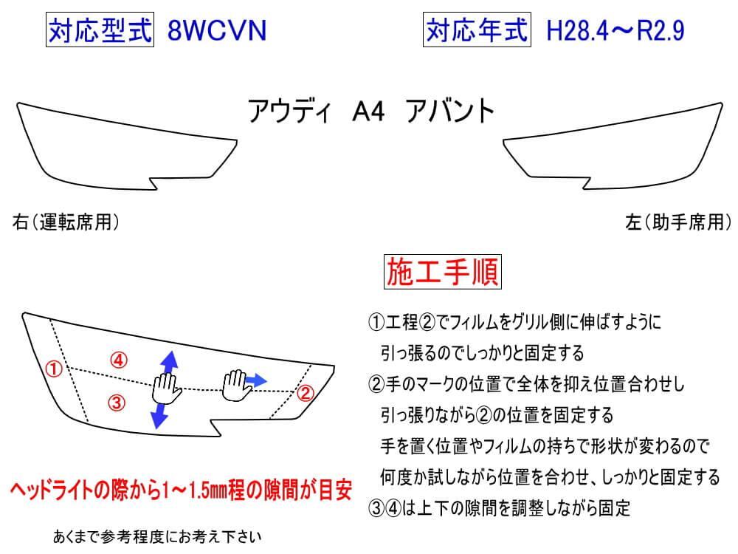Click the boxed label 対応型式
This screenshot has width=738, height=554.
[100, 31]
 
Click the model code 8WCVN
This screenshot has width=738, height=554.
[217, 31]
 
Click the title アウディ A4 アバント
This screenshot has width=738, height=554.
[370, 112]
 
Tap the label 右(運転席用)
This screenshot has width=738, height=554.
[66, 222]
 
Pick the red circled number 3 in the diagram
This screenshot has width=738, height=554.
[117, 403]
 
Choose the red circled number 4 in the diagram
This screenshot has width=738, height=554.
[119, 360]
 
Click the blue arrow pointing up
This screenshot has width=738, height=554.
[168, 362]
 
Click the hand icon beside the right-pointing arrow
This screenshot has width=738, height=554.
[235, 381]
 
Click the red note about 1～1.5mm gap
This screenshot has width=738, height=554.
[179, 490]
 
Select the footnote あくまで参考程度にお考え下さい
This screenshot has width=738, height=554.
[158, 536]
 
